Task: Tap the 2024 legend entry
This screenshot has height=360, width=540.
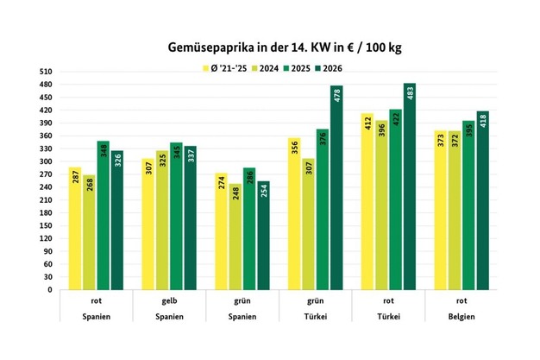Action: (x=266, y=67)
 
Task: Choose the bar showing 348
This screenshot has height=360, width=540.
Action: (x=103, y=216)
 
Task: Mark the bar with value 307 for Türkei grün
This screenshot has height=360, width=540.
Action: (x=309, y=224)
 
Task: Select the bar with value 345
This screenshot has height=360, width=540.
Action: (x=176, y=217)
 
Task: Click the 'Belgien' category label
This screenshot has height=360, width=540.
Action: (x=462, y=317)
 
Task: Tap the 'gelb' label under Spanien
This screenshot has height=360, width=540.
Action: (x=170, y=301)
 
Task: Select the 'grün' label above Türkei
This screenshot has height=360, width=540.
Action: (x=316, y=301)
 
